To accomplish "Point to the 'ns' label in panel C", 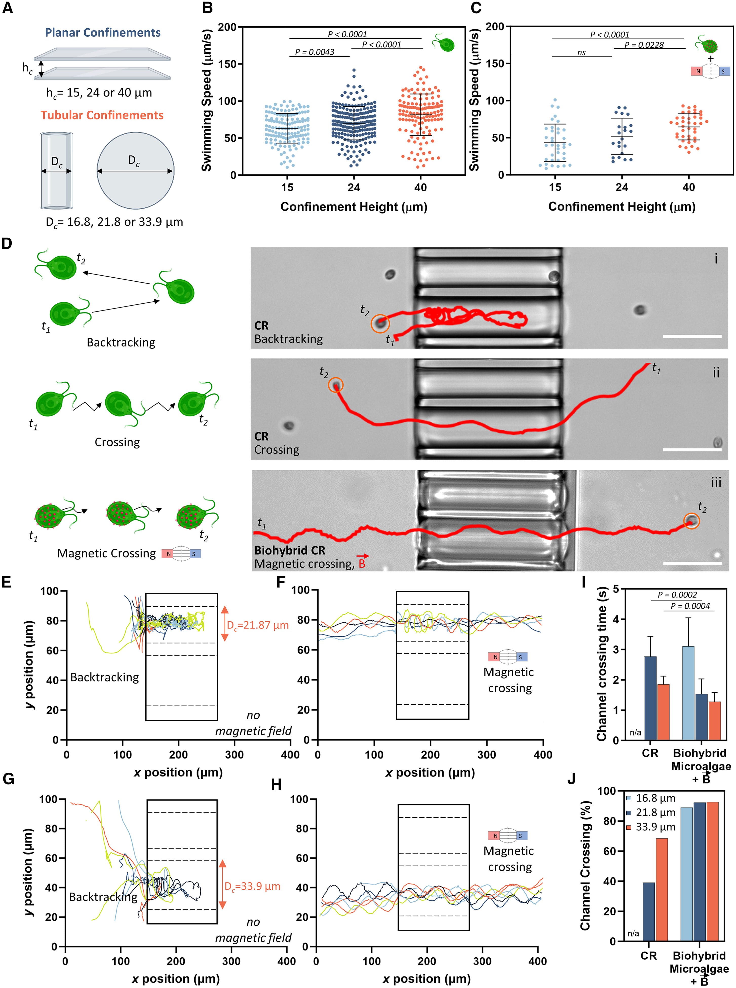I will pos(582,53).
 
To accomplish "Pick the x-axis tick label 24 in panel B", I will pos(354,187).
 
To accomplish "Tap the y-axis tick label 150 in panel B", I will pos(227,64).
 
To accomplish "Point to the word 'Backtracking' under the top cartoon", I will pos(121,342).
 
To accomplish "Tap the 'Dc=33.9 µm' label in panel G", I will pos(252,886).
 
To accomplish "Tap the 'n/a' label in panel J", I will pos(633,933).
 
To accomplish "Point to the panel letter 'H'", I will pos(276,784).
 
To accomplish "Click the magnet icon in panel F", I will pos(508,656).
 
